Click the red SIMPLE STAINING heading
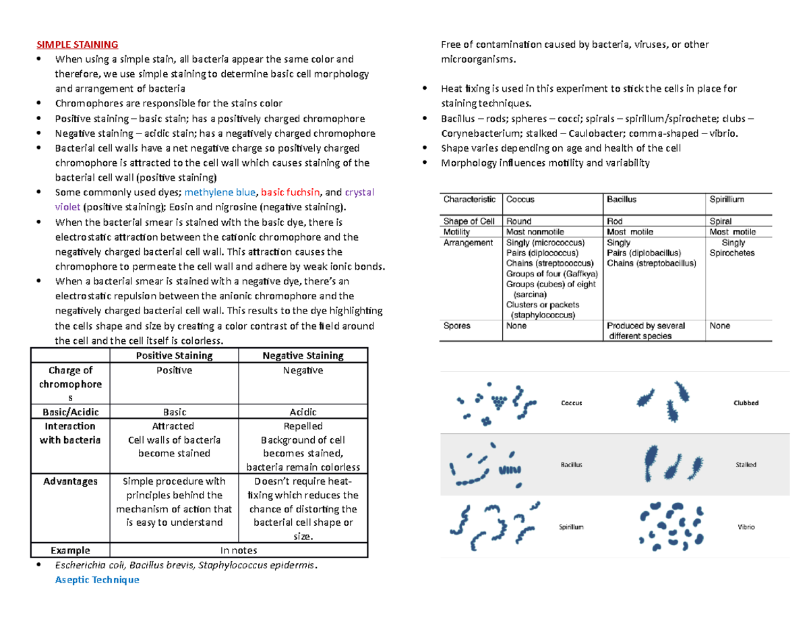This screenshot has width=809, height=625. pos(77,45)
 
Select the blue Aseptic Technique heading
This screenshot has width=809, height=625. pos(96,580)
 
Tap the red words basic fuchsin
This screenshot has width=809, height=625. pos(291,192)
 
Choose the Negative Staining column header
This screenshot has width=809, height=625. pos(303,355)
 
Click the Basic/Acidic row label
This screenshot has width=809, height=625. pos(69,412)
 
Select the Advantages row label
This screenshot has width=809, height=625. pos(70,481)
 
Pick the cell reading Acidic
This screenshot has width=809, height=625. pos(303,412)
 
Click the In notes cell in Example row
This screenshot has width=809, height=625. pos(238,550)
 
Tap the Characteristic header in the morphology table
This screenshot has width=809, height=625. pos(469,200)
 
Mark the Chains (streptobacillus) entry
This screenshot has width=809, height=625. pos(651,264)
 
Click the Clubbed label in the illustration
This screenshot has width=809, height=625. pos(746,403)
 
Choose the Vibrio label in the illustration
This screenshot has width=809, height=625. pos(746,527)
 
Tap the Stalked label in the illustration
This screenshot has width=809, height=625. pos(746,465)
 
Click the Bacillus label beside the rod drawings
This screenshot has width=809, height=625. pos(571,465)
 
